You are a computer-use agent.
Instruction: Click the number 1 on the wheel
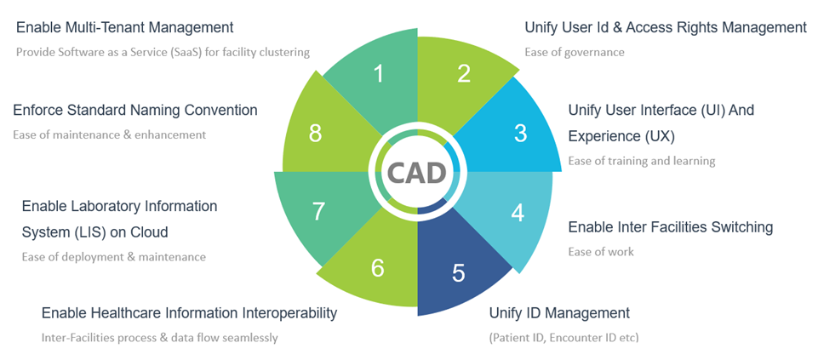coord(379,74)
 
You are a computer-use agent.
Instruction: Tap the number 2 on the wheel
coord(464,74)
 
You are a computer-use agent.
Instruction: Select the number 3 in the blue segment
coord(520,133)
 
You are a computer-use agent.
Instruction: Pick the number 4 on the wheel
coord(518,212)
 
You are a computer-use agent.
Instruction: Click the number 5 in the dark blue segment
coord(459,273)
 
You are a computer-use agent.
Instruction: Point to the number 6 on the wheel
coord(378,268)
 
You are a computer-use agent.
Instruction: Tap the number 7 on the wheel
coord(318,211)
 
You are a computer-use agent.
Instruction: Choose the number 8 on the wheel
coord(315,134)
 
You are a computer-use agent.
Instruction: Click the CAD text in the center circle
coord(417,173)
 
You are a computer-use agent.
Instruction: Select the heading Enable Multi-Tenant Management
coord(124,28)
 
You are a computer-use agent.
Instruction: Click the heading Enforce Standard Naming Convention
coord(134,110)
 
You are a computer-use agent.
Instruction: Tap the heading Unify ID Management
coord(559,312)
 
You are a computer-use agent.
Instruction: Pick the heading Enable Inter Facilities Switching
coord(670,226)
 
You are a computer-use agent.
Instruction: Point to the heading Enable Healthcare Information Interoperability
coord(189,313)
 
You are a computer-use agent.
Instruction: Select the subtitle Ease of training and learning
coord(642,160)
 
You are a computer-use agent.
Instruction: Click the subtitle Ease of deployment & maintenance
coord(113,256)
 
